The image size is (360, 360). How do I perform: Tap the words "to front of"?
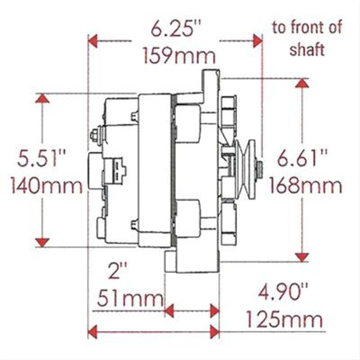point(307,28)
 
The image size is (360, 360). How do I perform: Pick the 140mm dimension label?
point(43,184)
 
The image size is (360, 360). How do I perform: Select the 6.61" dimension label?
point(302,159)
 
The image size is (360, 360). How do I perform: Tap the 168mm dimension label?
point(304,184)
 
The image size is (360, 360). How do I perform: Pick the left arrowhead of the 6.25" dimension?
point(93,41)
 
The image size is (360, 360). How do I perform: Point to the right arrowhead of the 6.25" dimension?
point(257,41)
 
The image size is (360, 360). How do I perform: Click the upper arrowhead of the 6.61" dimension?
point(302,83)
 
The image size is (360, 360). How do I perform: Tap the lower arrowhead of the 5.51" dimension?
point(43,242)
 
